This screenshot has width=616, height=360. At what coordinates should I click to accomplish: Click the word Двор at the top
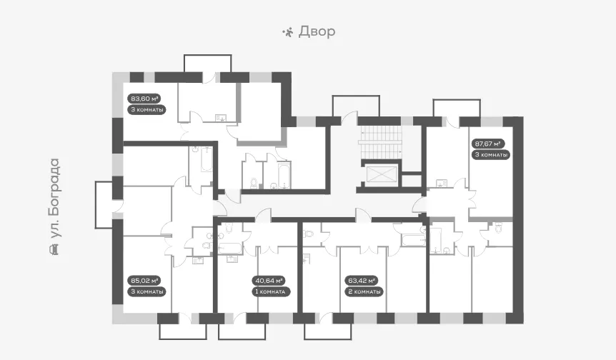[317, 31]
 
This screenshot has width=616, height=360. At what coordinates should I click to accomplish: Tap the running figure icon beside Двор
[288, 32]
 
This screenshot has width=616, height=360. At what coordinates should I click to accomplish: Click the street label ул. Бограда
[54, 199]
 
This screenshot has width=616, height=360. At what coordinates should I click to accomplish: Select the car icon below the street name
[54, 249]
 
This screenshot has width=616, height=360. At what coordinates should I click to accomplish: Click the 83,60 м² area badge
[144, 99]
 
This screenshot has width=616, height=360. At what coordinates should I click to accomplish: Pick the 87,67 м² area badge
[488, 144]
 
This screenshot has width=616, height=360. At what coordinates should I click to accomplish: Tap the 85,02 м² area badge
[144, 281]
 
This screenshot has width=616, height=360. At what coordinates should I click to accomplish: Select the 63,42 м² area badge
[361, 281]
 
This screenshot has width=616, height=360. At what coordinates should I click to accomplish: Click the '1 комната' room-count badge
[272, 291]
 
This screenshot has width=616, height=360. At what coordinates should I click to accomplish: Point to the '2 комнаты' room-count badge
[364, 291]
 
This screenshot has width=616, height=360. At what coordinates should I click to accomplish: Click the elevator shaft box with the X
[379, 174]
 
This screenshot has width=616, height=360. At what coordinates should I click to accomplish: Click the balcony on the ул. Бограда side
[104, 204]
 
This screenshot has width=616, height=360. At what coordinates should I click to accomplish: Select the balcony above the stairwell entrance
[356, 106]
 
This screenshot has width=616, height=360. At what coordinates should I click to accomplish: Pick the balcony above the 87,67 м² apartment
[457, 109]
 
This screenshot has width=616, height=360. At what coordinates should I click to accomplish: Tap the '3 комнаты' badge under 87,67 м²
[491, 155]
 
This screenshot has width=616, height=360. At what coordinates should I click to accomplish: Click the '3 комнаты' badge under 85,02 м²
[146, 291]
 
